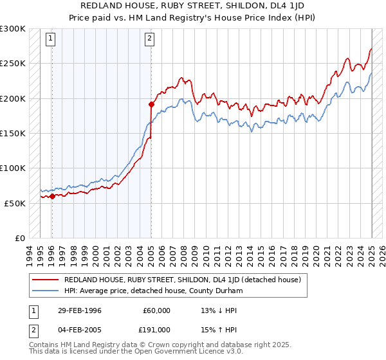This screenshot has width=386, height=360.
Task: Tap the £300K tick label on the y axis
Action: click(13, 29)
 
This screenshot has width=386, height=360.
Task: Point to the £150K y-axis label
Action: click(13, 133)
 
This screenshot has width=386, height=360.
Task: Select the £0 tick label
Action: click(20, 238)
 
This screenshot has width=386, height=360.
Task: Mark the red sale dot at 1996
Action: click(52, 197)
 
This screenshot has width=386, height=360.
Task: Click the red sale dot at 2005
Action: click(151, 104)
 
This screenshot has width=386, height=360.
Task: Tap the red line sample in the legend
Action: click(45, 280)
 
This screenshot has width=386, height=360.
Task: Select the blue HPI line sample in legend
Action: click(45, 291)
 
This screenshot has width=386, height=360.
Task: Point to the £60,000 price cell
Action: click(156, 310)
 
